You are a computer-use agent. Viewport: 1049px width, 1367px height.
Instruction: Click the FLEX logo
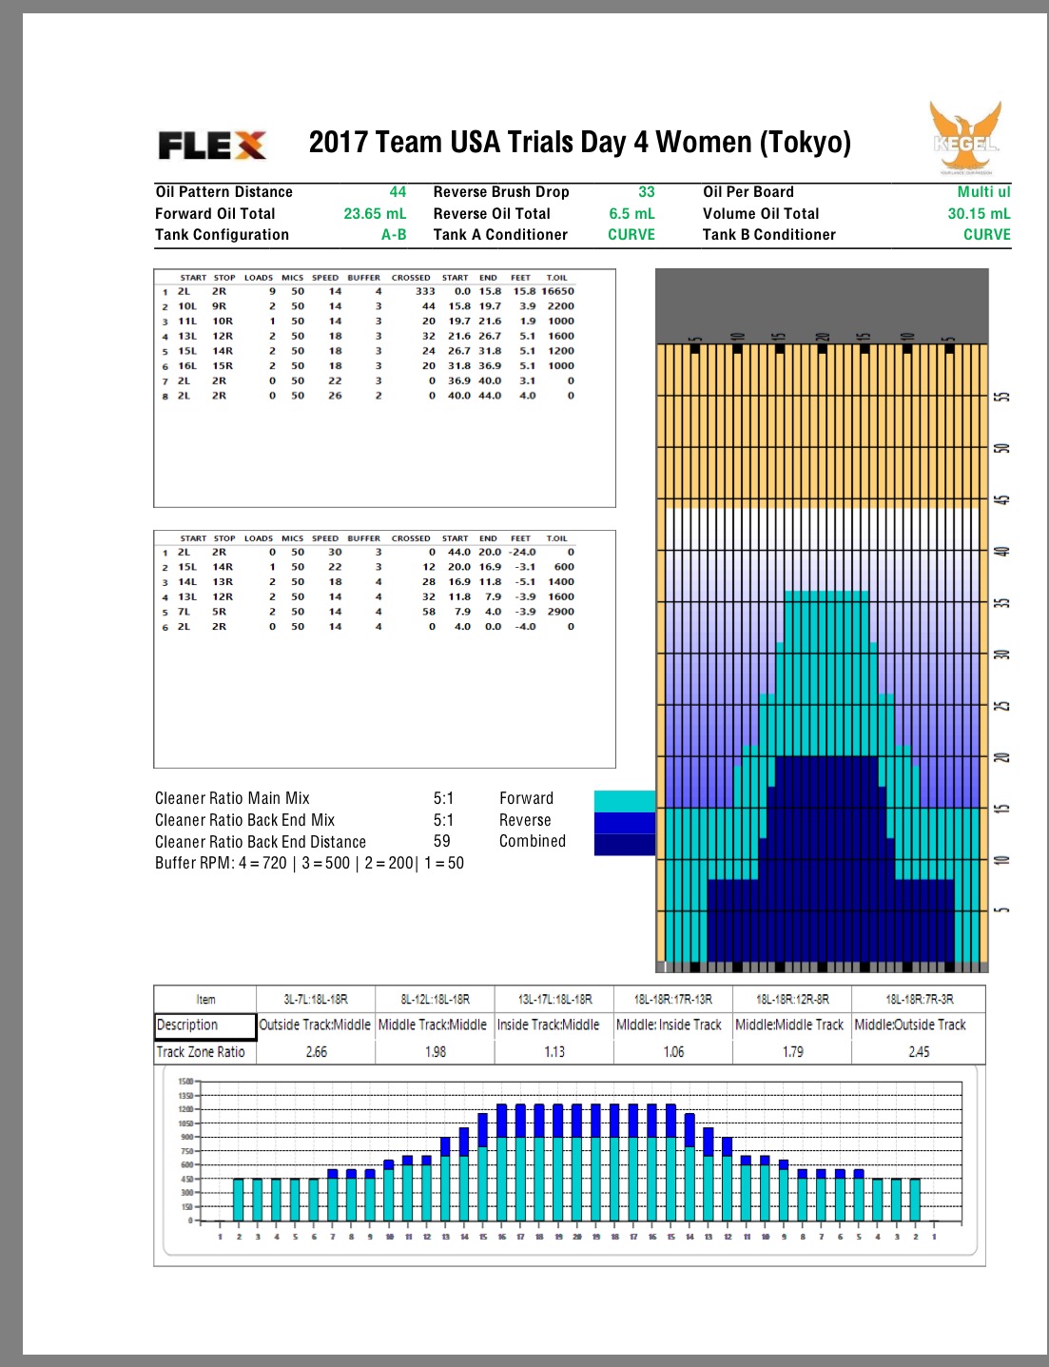(x=212, y=146)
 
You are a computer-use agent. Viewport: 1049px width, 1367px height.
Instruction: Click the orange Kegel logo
(x=965, y=138)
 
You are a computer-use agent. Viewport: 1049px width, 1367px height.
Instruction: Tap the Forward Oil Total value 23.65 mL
(x=375, y=214)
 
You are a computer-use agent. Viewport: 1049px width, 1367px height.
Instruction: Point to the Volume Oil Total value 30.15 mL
(x=979, y=214)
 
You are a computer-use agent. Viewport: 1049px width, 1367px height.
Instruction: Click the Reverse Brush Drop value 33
(x=647, y=192)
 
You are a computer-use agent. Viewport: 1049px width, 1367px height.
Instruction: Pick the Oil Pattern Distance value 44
(x=398, y=192)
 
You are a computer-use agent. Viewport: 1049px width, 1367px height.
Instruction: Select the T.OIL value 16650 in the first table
(x=557, y=292)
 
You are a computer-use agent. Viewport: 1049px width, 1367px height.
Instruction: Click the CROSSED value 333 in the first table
(x=424, y=292)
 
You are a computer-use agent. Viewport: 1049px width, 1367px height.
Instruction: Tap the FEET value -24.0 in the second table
(x=521, y=552)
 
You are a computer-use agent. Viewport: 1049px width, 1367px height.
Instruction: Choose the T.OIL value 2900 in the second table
(x=560, y=612)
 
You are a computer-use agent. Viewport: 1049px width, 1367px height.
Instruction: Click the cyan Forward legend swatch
(x=624, y=800)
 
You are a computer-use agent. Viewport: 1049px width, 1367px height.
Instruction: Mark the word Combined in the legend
(x=533, y=841)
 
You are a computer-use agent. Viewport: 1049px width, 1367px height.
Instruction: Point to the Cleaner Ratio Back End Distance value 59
(x=442, y=841)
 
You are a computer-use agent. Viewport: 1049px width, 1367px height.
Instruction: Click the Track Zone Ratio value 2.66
(x=317, y=1052)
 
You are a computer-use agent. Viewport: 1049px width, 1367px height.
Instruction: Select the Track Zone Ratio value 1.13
(x=554, y=1052)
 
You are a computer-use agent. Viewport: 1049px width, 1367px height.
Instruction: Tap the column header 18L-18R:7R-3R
(x=919, y=999)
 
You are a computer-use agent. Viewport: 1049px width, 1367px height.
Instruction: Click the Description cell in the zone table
(x=205, y=1025)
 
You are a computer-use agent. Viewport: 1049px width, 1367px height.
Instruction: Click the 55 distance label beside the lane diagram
(x=1000, y=397)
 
